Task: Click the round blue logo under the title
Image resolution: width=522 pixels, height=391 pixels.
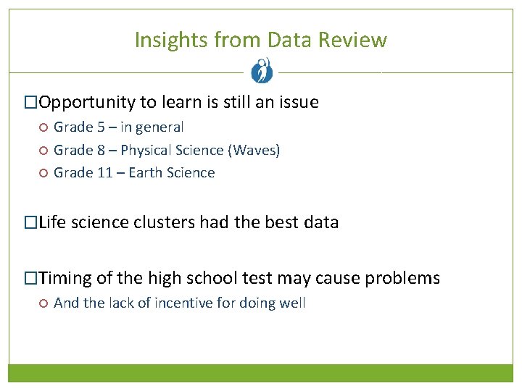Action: point(261,70)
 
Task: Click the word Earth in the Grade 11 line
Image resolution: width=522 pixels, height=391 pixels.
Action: point(145,172)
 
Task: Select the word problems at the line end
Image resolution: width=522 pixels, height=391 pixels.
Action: point(403,278)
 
